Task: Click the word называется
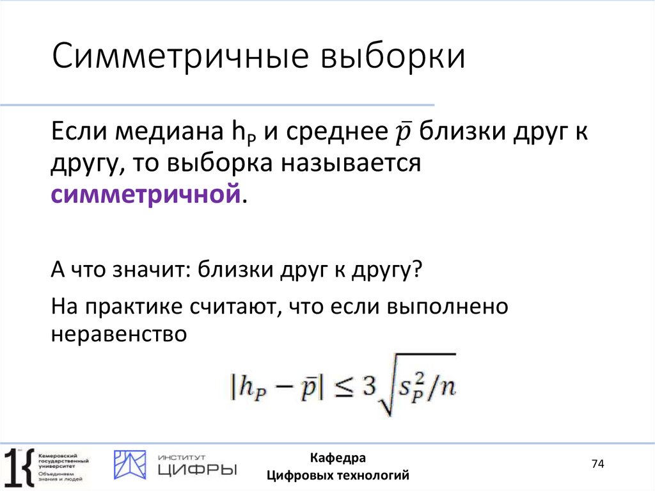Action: pos(349,164)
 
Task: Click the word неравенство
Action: pos(118,334)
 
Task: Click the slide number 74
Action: pos(597,464)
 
